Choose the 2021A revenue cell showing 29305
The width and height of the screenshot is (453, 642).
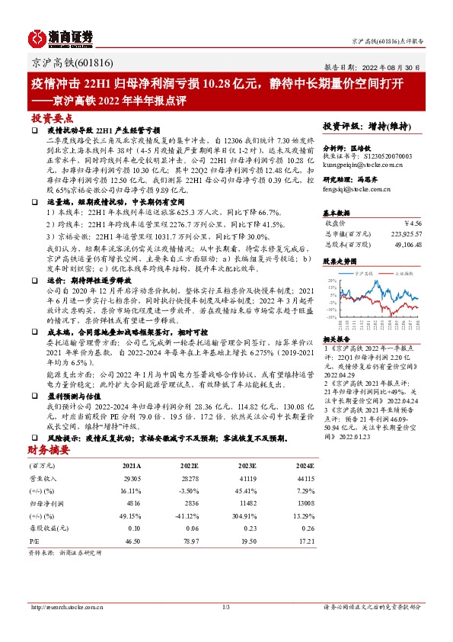tap(132, 477)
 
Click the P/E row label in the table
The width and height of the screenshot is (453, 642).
tap(35, 539)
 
